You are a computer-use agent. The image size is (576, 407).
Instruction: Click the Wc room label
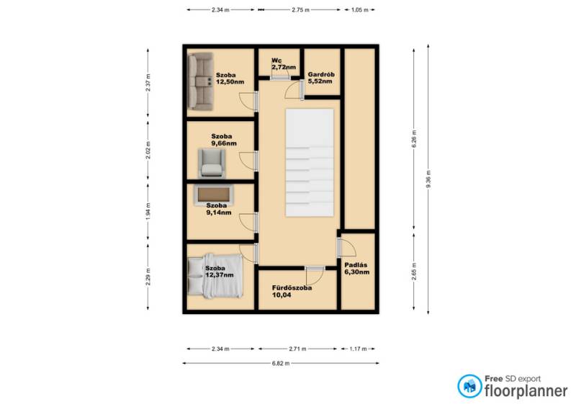click(276, 61)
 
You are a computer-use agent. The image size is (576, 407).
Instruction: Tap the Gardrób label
click(321, 74)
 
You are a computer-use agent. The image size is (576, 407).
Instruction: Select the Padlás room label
click(356, 264)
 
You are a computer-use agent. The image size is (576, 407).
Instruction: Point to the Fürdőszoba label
click(292, 287)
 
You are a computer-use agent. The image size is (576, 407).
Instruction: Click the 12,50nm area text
click(230, 82)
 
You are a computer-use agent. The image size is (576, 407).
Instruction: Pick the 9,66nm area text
click(224, 143)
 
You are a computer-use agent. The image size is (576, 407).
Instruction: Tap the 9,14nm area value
click(219, 213)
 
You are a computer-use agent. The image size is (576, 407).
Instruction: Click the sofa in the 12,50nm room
click(200, 81)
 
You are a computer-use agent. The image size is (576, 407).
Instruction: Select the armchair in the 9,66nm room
click(212, 163)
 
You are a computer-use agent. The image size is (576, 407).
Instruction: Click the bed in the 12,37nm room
click(215, 275)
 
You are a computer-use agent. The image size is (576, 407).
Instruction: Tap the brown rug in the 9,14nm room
click(213, 194)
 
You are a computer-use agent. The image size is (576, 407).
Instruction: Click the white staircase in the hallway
click(310, 163)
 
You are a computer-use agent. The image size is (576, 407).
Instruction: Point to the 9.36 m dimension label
click(428, 179)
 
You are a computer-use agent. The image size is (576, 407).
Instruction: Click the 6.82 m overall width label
click(281, 363)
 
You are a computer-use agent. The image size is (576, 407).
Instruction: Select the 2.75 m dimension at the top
click(300, 10)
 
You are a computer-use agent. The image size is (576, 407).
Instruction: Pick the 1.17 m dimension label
click(358, 349)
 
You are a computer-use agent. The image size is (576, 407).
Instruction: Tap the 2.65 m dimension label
click(414, 272)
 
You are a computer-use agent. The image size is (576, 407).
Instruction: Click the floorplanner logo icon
click(469, 386)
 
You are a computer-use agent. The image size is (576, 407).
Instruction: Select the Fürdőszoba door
click(315, 274)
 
